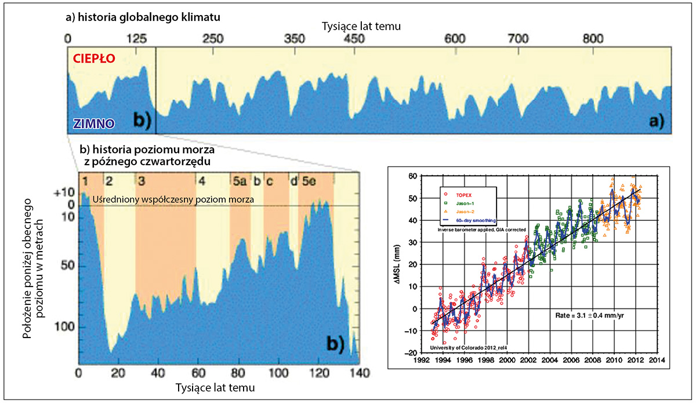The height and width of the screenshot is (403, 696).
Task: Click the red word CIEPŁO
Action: (93, 59)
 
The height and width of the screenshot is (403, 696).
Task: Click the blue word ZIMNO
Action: (92, 123)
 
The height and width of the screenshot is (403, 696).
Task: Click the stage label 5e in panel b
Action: (307, 180)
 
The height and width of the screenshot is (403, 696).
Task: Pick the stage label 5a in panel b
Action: (239, 180)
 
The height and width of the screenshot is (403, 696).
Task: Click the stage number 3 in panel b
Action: (142, 180)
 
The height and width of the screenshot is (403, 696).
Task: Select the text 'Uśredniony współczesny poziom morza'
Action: (174, 200)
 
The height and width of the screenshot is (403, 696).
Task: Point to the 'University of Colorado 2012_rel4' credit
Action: (464, 347)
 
